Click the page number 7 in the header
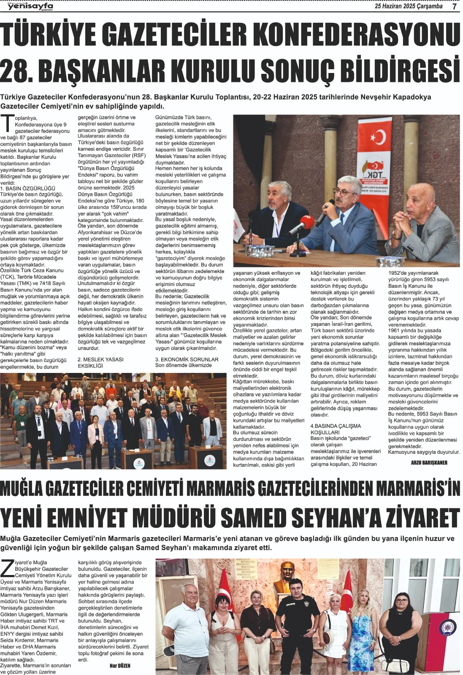coord(455,6)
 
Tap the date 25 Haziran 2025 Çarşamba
coord(409,6)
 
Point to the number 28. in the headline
coord(19,70)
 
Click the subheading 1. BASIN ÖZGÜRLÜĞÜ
coord(34,188)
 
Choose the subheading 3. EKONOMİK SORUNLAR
coord(187,359)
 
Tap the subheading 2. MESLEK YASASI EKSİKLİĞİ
coord(100,362)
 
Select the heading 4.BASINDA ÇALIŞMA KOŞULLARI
coord(336,429)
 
